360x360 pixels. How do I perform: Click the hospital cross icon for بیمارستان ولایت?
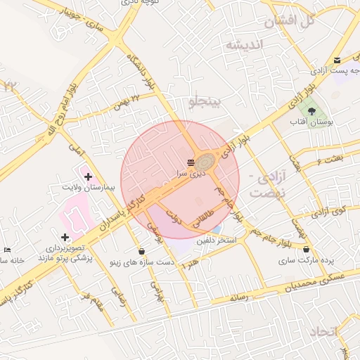tap(88, 176)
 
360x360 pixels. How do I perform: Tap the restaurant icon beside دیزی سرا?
tap(191, 163)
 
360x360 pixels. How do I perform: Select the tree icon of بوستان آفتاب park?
tap(311, 111)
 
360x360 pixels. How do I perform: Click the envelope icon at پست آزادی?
tap(337, 60)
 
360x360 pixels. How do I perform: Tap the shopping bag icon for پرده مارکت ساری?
tap(306, 249)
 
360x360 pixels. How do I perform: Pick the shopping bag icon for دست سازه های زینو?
tap(142, 251)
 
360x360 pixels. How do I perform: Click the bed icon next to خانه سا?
tap(7, 250)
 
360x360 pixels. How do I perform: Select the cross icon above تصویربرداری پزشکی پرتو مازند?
tap(65, 237)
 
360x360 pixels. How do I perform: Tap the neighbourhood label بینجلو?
tap(205, 103)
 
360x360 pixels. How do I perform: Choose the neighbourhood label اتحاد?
tap(323, 331)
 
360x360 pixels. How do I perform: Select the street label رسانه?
tap(239, 298)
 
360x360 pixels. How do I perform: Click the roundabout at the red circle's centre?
tap(205, 161)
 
